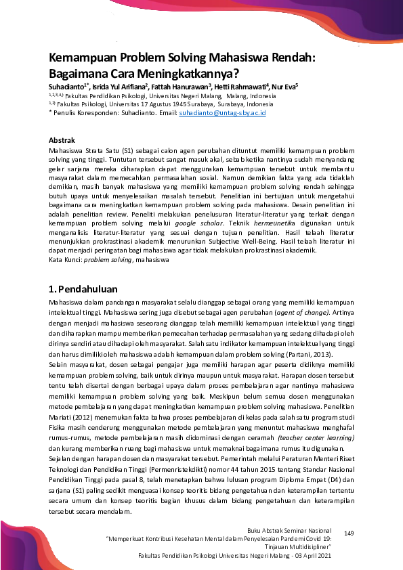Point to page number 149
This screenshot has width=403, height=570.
point(349,535)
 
